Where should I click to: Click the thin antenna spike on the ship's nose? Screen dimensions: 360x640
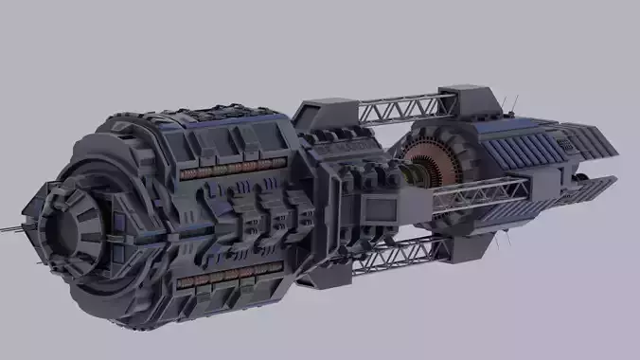tap(11, 227)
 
